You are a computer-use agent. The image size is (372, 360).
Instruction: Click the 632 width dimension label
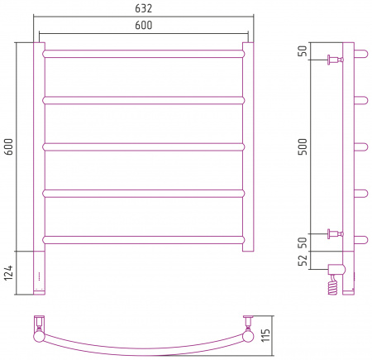(x=143, y=8)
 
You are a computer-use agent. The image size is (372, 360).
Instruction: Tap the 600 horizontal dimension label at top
(x=143, y=25)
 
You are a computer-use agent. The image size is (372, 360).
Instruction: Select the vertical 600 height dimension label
(x=9, y=146)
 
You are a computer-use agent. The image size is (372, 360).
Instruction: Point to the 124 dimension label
(x=9, y=273)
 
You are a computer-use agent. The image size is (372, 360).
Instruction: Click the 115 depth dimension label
(x=266, y=335)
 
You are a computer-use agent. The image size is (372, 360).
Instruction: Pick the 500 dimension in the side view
(x=303, y=146)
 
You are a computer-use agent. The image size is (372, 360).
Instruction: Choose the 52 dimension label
(x=303, y=260)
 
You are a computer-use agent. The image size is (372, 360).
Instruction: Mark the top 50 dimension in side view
(x=303, y=50)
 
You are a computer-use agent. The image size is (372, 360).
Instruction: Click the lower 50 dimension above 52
(x=303, y=242)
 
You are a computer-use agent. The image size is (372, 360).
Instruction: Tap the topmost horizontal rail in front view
(x=143, y=54)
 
